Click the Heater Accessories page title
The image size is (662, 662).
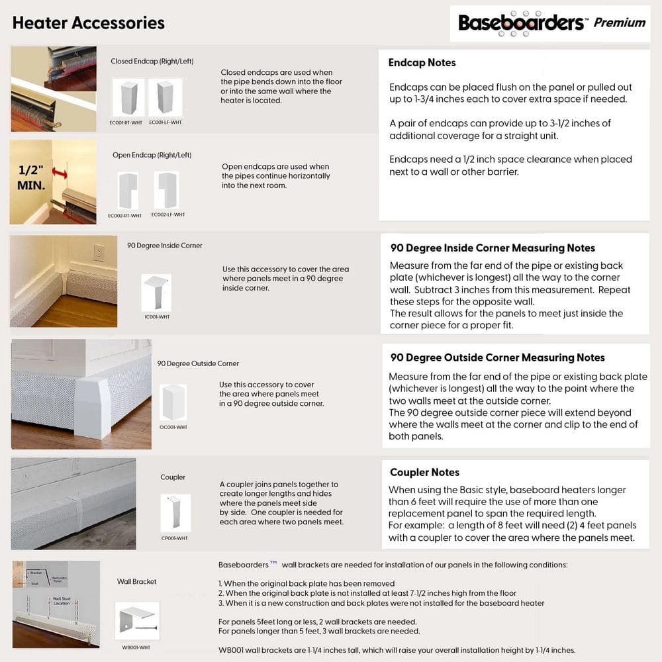point(88,23)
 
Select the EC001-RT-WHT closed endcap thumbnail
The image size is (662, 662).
point(128,97)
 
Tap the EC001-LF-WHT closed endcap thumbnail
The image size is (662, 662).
point(165,97)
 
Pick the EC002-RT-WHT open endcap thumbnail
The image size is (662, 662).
point(127,191)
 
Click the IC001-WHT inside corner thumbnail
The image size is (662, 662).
point(156,293)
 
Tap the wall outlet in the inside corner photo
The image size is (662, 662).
point(99,253)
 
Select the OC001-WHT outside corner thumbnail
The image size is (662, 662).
point(173,402)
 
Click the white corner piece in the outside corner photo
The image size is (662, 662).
point(93,406)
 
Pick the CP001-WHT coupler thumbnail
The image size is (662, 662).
point(175,512)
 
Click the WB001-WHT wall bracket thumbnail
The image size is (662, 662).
point(137,620)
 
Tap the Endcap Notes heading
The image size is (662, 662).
point(422,63)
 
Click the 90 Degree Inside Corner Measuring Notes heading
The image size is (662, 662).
point(493,248)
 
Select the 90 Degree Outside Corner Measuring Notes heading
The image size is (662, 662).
point(497,357)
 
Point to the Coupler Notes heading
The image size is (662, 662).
point(424,472)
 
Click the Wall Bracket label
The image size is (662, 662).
point(137,581)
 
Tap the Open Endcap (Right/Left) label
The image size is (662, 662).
point(152,155)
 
